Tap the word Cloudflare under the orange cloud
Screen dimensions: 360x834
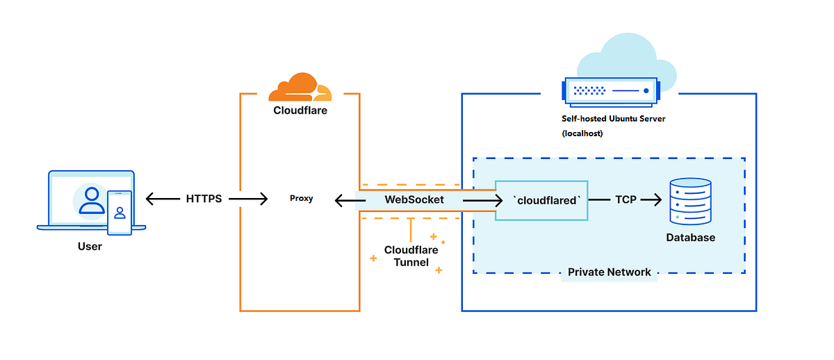tap(300, 110)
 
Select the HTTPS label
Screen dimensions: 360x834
tap(204, 199)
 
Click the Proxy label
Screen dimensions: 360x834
tap(301, 199)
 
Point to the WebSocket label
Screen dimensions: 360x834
tap(414, 199)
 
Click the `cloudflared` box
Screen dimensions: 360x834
tap(541, 200)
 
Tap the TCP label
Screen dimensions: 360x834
tap(625, 199)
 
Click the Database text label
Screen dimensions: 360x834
tap(690, 238)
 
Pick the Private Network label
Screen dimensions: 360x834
tap(609, 272)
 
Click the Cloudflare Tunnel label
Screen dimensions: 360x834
tap(410, 256)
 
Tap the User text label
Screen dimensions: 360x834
tap(90, 247)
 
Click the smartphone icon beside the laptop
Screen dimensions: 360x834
tap(120, 212)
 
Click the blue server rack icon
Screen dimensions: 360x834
tap(609, 91)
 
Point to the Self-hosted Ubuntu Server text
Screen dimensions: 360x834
tap(614, 119)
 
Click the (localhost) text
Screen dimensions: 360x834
tap(582, 133)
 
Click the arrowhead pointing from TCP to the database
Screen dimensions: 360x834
tap(655, 200)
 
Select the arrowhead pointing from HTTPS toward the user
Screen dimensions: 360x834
tap(152, 199)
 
